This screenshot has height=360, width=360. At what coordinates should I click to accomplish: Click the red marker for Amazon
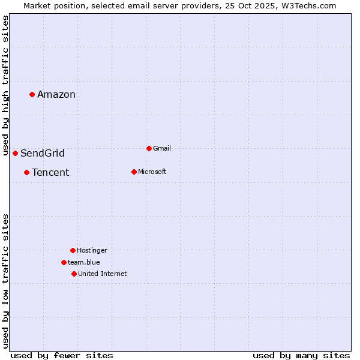[x=32, y=94]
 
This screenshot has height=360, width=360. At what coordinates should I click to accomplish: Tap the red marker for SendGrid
[x=15, y=153]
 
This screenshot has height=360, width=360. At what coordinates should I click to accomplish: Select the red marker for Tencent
[x=26, y=172]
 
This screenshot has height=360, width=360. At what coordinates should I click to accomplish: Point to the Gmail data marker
[x=149, y=148]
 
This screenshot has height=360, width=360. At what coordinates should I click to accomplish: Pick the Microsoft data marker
[x=134, y=172]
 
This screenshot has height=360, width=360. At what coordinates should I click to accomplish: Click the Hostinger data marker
[x=73, y=250]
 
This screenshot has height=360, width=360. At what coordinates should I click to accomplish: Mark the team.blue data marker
[x=64, y=262]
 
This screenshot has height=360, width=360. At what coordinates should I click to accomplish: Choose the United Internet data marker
[x=74, y=274]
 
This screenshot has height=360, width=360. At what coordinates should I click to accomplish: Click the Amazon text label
[x=56, y=94]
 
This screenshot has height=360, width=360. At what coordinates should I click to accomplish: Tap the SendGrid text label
[x=43, y=153]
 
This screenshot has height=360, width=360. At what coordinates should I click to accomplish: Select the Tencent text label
[x=50, y=172]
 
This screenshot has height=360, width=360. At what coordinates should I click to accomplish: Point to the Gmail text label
[x=162, y=148]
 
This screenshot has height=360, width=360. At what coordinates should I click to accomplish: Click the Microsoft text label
[x=152, y=172]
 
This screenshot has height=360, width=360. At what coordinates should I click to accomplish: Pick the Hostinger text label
[x=92, y=250]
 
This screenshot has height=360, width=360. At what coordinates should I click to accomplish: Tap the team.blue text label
[x=84, y=262]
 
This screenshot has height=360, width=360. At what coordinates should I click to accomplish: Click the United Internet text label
[x=103, y=274]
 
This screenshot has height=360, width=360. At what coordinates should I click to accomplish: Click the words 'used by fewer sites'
[x=62, y=355]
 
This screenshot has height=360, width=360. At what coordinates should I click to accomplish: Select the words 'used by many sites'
[x=301, y=355]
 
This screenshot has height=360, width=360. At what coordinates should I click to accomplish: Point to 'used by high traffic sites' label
[x=5, y=86]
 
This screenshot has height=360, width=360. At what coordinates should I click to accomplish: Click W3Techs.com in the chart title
[x=307, y=5]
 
